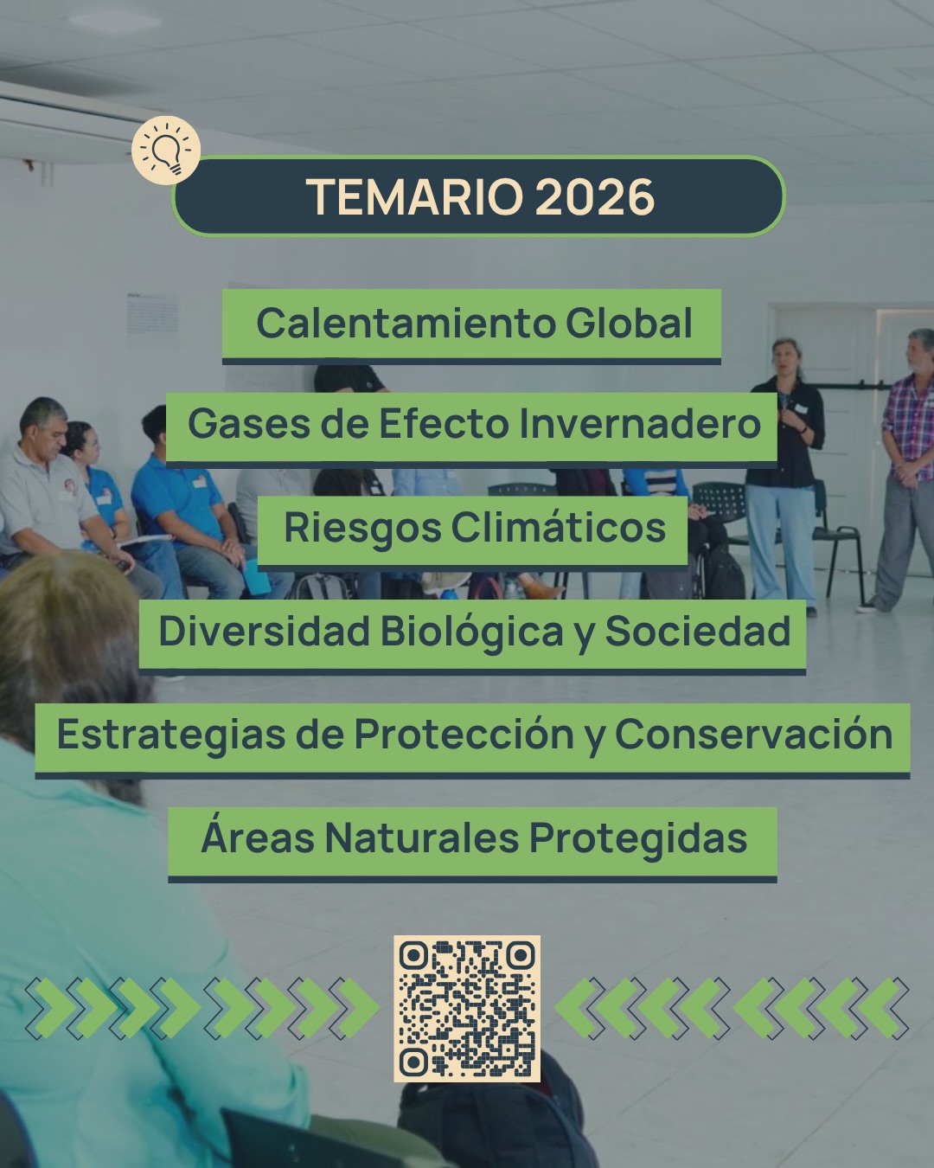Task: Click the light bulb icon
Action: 166,151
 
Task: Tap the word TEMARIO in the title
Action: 414,196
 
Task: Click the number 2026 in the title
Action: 595,196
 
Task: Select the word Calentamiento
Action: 406,323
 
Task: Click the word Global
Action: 629,323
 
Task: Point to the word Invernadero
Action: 640,424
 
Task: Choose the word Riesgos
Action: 363,528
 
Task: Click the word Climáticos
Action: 559,527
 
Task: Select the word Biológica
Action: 471,632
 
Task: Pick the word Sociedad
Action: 697,631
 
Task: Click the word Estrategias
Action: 171,735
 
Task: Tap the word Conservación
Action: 753,734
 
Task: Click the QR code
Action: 467,1008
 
